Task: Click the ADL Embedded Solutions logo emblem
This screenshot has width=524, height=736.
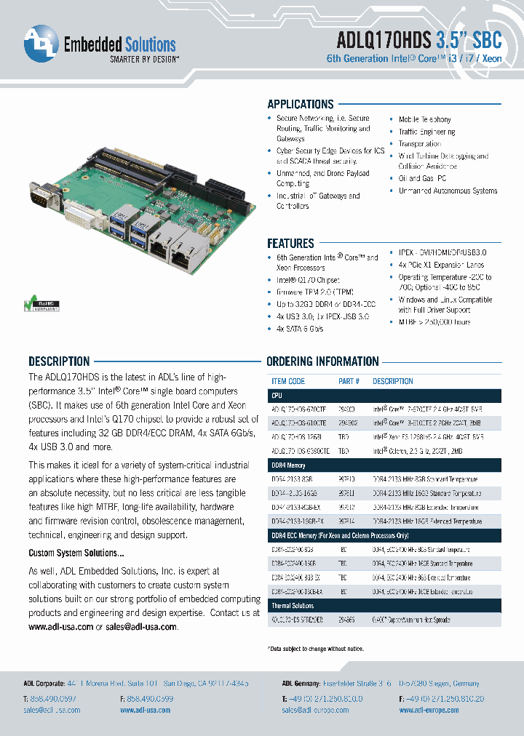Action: [41, 44]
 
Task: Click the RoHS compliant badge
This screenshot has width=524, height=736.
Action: [43, 303]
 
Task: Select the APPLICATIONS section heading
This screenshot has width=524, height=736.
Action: [300, 104]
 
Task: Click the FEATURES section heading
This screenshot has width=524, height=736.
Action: [290, 244]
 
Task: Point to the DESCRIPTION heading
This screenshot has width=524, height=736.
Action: [59, 361]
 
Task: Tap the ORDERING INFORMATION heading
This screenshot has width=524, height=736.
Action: [322, 361]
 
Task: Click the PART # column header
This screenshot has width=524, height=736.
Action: [349, 381]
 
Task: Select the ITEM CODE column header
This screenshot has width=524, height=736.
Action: [288, 381]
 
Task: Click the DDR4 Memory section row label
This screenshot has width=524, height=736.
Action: [289, 465]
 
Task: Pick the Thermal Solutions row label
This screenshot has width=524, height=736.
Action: [293, 605]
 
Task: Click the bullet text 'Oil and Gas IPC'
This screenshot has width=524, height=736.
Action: [422, 178]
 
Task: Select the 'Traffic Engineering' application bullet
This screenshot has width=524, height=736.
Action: [426, 132]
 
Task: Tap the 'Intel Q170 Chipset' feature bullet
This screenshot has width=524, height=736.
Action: [308, 280]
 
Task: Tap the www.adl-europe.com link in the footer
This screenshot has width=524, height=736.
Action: [429, 710]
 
